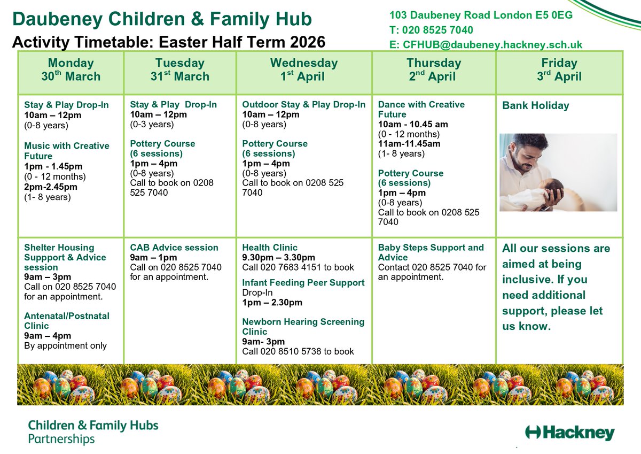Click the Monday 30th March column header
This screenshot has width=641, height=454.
point(71,70)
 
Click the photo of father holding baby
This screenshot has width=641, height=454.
point(558,172)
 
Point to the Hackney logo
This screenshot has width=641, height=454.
point(570,433)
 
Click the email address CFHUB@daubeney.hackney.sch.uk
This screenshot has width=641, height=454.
point(486,45)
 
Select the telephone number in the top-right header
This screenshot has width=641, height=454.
point(431,30)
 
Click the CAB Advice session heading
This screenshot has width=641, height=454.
point(174,248)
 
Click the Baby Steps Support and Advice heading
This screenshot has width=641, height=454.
point(431,248)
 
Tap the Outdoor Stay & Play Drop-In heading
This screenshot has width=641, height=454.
point(303,104)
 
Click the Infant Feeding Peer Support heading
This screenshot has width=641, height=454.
point(303,282)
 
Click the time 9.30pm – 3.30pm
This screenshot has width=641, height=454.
point(278,258)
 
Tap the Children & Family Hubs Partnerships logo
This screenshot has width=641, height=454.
point(93,433)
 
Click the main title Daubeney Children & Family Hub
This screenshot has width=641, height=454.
point(162,19)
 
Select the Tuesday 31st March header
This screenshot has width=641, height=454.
point(179,70)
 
